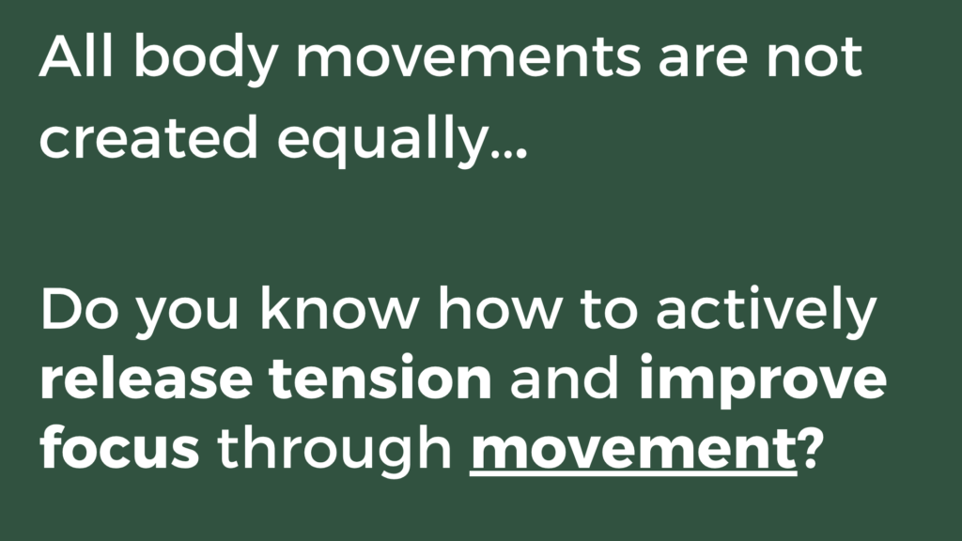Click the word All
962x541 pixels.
point(76,56)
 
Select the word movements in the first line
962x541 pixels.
point(469,59)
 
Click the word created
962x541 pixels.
point(147,137)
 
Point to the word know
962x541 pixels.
point(340,308)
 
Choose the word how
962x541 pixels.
point(500,308)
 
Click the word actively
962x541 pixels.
point(767,312)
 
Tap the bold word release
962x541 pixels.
point(146,379)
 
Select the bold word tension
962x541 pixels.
point(380,379)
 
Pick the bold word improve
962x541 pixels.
point(763,382)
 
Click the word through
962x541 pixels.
point(334,451)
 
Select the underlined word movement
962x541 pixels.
point(634,451)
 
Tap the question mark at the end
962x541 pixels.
point(809,449)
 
